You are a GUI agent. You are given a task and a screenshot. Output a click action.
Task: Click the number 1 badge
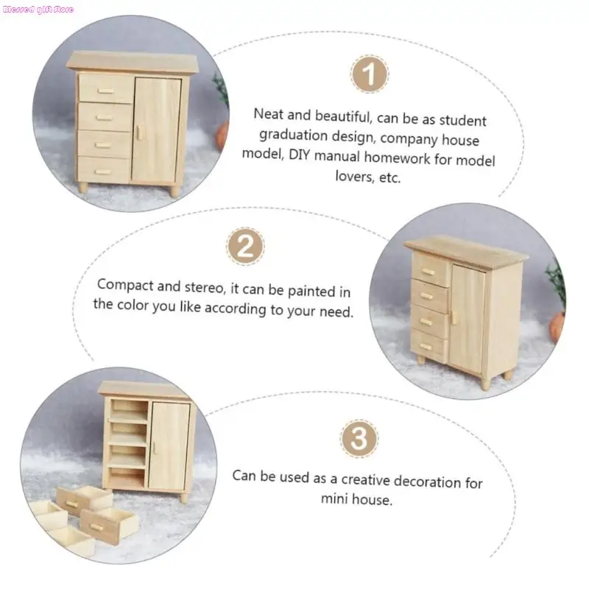pos(369,75)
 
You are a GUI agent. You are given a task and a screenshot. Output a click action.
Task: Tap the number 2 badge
pos(245,245)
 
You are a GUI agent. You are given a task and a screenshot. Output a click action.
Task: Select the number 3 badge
pos(359,439)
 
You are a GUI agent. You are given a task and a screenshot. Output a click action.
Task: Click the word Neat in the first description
pos(269,114)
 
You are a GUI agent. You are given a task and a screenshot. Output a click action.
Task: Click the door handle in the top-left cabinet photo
pos(137,132)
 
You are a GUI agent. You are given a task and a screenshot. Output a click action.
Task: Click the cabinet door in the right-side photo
pos(468,320)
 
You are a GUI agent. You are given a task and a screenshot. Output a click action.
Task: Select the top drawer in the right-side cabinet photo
pos(431,269)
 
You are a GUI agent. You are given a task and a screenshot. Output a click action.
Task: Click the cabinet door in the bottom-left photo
pos(169,445)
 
